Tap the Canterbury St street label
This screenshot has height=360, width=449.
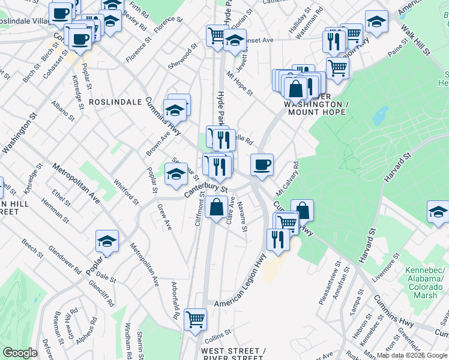click(206, 189)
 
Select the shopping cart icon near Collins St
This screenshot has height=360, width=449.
click(196, 319)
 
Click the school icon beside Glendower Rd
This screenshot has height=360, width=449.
click(107, 241)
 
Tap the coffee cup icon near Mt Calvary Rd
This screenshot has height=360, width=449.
click(261, 164)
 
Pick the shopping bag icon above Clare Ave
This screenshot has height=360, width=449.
click(216, 208)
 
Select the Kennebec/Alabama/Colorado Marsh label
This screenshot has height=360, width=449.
click(423, 278)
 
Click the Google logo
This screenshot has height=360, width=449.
click(20, 353)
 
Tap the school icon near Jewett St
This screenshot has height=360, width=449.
click(235, 41)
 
